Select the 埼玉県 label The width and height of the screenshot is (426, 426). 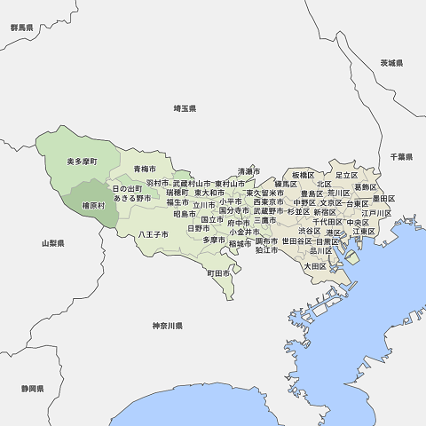185,108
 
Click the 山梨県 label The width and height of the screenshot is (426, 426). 52,242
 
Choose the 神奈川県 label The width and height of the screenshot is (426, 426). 167,327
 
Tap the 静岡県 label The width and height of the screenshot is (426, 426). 33,390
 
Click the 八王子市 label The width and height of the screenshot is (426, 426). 153,234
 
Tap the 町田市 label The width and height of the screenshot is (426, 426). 218,274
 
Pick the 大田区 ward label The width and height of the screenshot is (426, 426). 316,265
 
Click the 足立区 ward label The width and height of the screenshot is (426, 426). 346,175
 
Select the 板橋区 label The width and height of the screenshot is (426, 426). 303,175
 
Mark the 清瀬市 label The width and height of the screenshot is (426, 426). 248,171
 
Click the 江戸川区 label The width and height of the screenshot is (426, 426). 376,214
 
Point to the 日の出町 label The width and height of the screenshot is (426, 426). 127,189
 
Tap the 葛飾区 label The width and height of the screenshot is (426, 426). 365,187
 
